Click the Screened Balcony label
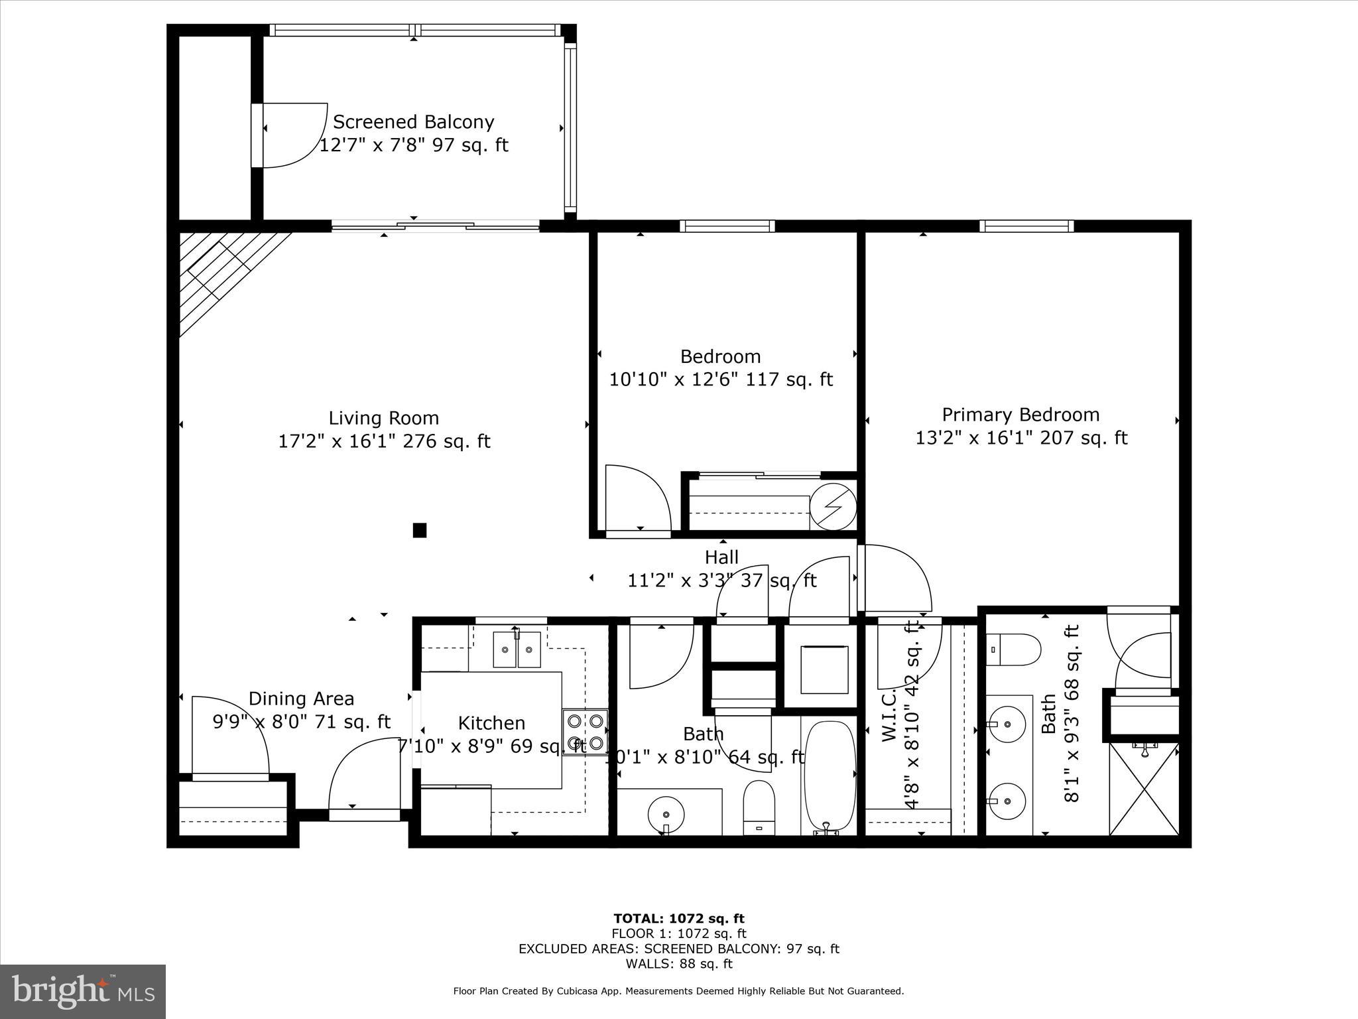tap(413, 122)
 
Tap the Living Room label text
tap(383, 418)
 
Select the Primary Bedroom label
tap(1020, 415)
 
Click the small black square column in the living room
tap(419, 530)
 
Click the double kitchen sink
tap(517, 649)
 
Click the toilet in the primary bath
tap(1013, 649)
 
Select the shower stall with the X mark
tap(1144, 789)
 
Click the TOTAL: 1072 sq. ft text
tap(678, 918)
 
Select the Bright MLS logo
tap(83, 992)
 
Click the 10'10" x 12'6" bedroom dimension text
tap(721, 379)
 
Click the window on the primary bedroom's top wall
tap(1026, 226)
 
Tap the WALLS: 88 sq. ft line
tap(678, 964)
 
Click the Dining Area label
tap(301, 699)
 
